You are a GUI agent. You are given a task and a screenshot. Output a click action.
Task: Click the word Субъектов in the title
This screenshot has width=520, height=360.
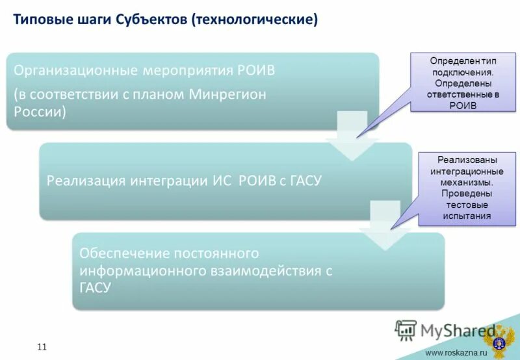pos(151,19)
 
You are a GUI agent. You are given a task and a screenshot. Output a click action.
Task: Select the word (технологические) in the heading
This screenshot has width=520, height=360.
pos(254,19)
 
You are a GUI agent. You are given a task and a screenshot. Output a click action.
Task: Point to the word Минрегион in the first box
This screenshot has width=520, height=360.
pos(227,94)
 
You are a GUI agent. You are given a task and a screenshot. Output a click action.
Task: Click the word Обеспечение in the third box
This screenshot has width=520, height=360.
pos(122,253)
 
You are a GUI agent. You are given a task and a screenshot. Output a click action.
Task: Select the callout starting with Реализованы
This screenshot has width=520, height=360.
pos(467,188)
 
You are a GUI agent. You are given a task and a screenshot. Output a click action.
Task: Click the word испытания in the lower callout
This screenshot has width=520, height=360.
pos(467,216)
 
